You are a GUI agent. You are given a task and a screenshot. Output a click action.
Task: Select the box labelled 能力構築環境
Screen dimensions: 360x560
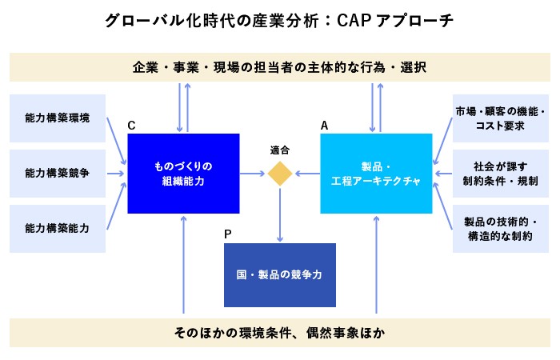[58, 118]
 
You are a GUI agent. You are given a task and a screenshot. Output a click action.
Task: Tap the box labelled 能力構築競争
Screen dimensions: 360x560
[58, 173]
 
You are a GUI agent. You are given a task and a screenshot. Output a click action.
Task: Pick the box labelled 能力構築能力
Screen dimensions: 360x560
[58, 228]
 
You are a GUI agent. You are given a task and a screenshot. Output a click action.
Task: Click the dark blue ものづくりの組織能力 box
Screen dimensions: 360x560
[184, 174]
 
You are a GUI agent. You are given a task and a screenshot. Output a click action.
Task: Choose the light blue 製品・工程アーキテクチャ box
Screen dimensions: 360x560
[376, 174]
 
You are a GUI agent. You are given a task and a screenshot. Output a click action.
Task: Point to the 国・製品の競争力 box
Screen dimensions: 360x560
[280, 275]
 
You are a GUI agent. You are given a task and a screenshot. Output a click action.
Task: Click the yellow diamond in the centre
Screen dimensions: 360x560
[280, 174]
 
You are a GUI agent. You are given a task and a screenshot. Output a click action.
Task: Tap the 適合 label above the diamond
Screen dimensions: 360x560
[280, 150]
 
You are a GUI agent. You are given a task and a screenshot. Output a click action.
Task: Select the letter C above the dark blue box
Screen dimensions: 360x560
[131, 126]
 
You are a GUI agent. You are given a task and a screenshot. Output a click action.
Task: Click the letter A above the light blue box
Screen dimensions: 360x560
[324, 126]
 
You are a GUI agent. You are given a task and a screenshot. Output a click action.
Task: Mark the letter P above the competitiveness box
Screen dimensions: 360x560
[228, 234]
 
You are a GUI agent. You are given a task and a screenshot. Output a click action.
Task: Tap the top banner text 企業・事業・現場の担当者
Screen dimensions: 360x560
[280, 67]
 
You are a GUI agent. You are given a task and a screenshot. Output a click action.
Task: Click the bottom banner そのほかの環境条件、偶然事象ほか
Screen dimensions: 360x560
[280, 332]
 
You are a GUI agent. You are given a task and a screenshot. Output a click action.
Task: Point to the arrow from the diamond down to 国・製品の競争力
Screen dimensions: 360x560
[280, 214]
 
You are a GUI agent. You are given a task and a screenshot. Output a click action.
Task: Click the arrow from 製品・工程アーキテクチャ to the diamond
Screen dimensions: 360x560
[307, 174]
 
